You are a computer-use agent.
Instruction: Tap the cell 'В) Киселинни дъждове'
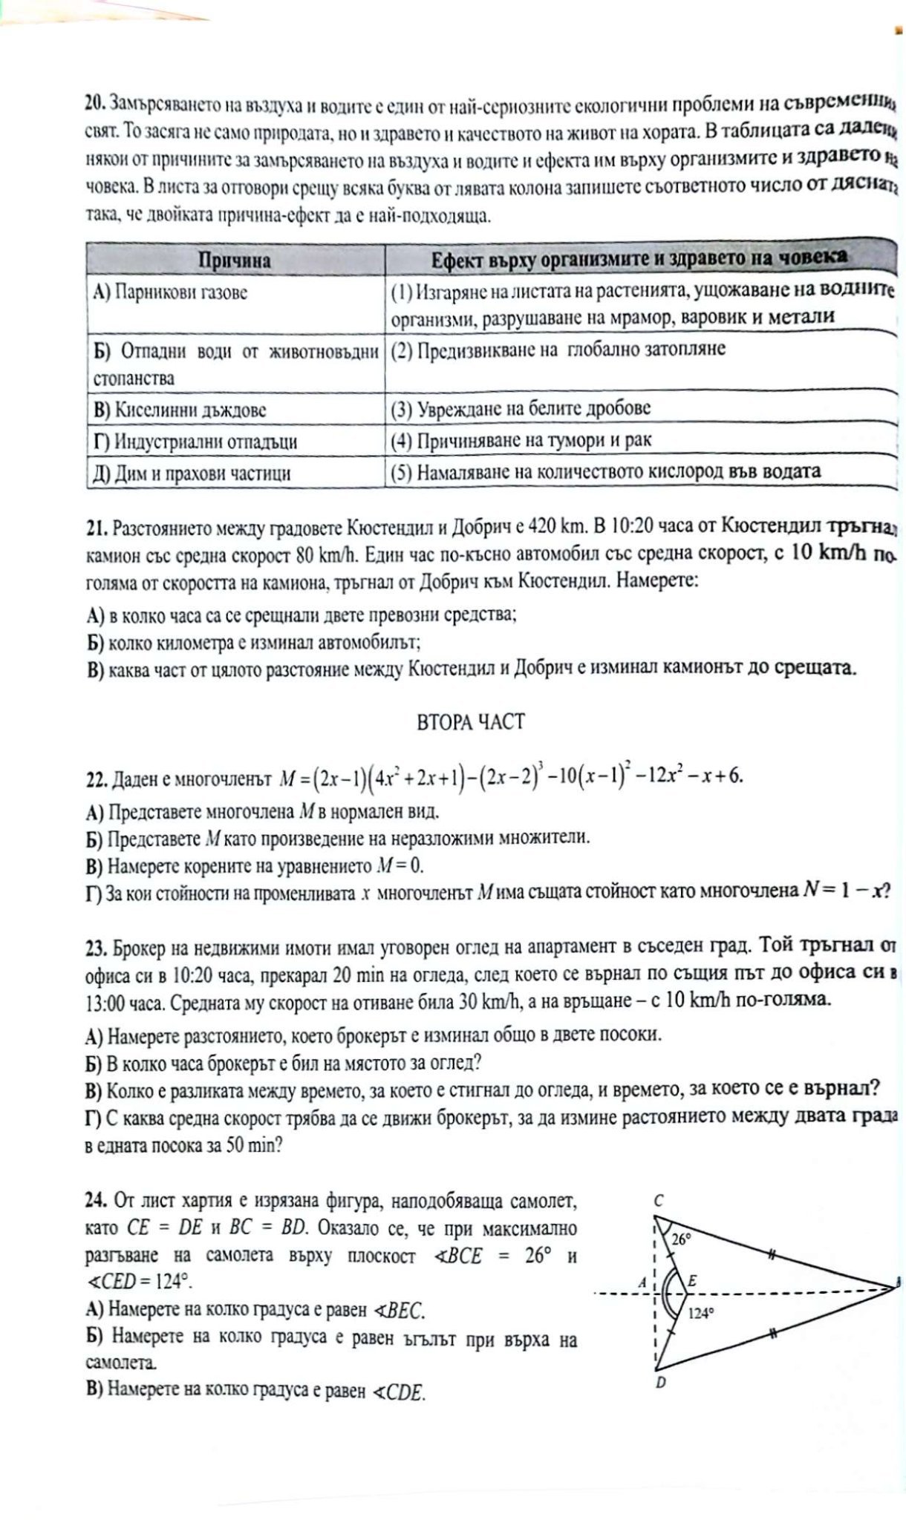coord(179,410)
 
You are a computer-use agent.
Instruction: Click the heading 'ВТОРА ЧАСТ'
coord(471,722)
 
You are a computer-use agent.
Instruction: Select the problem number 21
coord(96,528)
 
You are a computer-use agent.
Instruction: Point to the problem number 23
coord(96,949)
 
